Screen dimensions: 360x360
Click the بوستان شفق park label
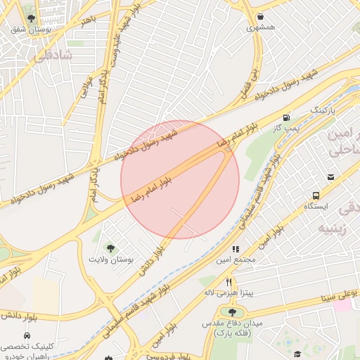click(x=28, y=30)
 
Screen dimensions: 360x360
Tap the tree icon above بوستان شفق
click(x=28, y=18)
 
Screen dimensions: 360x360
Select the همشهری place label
click(x=262, y=28)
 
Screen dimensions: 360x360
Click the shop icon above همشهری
click(x=262, y=16)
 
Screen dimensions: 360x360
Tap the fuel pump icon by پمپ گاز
click(x=286, y=117)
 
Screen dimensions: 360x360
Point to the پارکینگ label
click(x=324, y=111)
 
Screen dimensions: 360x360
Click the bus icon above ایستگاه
click(x=315, y=195)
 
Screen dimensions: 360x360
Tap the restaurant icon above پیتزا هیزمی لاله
click(x=229, y=281)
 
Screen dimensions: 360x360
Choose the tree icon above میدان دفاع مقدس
click(x=232, y=311)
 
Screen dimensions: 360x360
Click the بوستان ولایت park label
click(x=110, y=259)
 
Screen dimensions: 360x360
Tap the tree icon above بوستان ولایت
click(x=110, y=247)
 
